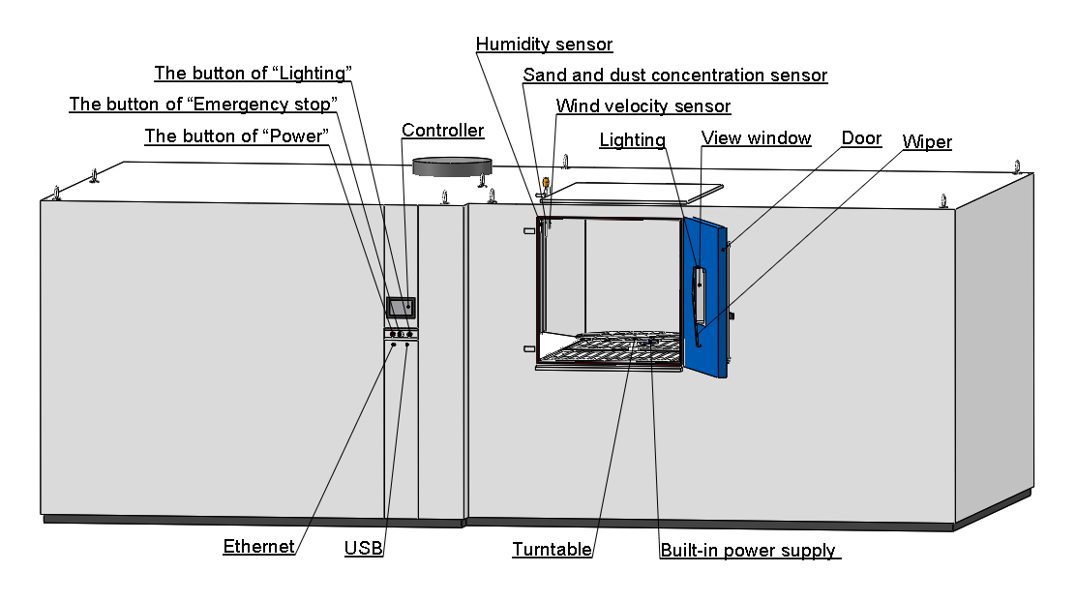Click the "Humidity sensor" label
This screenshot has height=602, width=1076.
pyautogui.click(x=544, y=45)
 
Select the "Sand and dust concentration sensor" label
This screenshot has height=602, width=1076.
pyautogui.click(x=674, y=75)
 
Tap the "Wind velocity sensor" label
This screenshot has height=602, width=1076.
pyautogui.click(x=643, y=106)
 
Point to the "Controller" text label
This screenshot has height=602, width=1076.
pyautogui.click(x=442, y=131)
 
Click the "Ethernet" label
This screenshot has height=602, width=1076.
pyautogui.click(x=258, y=547)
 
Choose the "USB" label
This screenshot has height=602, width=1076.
pyautogui.click(x=363, y=549)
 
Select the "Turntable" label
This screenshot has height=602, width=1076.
pyautogui.click(x=552, y=550)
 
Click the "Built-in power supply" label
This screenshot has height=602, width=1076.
pyautogui.click(x=748, y=551)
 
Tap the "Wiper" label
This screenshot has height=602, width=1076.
pyautogui.click(x=926, y=142)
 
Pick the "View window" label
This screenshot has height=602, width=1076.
pyautogui.click(x=756, y=138)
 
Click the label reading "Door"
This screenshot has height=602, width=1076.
pyautogui.click(x=860, y=138)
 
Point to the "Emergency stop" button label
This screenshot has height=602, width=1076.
pyautogui.click(x=203, y=105)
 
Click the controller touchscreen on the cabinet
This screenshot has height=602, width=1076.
pyautogui.click(x=399, y=308)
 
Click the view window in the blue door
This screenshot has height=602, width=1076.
pyautogui.click(x=699, y=290)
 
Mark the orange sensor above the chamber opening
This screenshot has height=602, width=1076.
pyautogui.click(x=546, y=182)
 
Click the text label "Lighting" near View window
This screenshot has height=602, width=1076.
pyautogui.click(x=632, y=140)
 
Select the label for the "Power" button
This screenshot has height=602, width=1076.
pyautogui.click(x=236, y=136)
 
